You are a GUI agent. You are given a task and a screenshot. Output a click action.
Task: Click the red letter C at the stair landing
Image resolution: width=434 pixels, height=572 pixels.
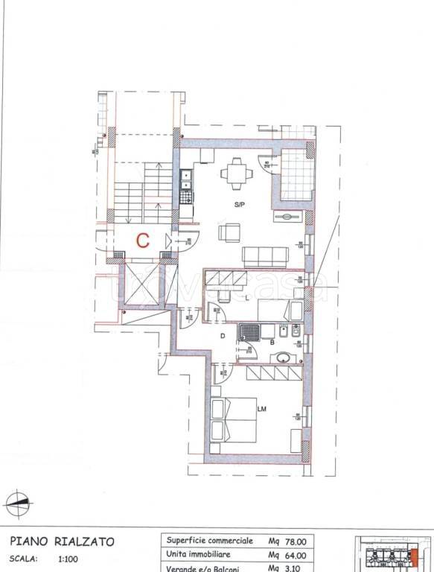(x=144, y=240)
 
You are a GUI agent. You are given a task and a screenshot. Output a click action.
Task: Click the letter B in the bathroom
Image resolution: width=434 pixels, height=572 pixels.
(x=272, y=343)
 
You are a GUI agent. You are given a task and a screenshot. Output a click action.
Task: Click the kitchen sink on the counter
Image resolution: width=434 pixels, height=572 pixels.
(x=186, y=179)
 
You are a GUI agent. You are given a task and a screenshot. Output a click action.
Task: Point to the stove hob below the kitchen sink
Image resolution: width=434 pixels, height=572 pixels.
(x=186, y=198)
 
